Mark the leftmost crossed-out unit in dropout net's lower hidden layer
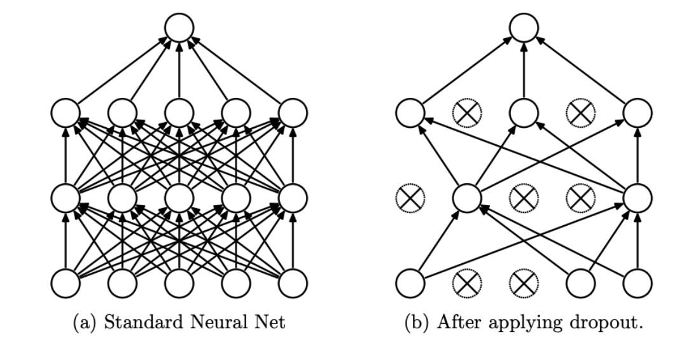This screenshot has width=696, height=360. [x=410, y=198]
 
